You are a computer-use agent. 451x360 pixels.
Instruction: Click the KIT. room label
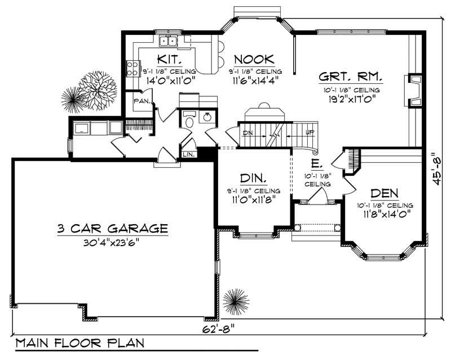point(169,59)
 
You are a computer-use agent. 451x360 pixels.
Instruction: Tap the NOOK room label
point(254,59)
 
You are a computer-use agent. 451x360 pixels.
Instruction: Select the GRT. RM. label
point(350,77)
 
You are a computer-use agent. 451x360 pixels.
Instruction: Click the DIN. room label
point(253,179)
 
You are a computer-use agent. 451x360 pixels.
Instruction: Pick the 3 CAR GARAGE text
point(112,229)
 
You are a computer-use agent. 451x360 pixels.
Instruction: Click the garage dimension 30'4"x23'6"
point(112,243)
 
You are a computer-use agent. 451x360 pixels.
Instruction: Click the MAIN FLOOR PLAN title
point(79,343)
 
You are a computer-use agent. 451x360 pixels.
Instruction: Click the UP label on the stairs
point(309,134)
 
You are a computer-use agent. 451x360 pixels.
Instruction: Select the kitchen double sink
point(168,41)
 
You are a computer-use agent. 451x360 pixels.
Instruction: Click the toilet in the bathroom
point(189,121)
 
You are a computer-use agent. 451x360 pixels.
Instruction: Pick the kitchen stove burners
point(133,69)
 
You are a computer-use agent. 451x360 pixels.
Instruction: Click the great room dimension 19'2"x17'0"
point(350,98)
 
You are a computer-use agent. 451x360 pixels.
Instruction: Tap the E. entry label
point(316,165)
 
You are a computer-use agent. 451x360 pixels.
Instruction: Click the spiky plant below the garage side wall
point(235,301)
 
